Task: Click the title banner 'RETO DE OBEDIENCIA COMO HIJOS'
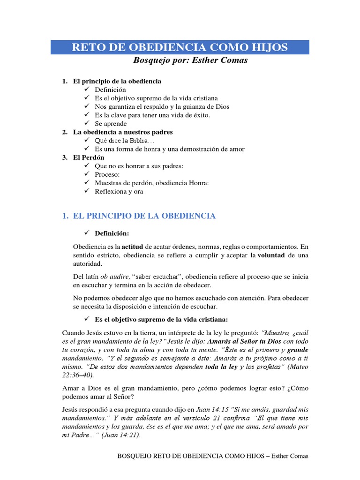coord(180,47)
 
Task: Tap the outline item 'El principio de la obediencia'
coord(117,81)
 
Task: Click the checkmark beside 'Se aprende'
coord(87,123)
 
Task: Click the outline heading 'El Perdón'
coord(89,157)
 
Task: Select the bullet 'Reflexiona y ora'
coord(119,191)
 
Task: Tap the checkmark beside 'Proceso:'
coord(87,174)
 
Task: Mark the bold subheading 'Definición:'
coord(112,233)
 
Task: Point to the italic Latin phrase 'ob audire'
coord(114,277)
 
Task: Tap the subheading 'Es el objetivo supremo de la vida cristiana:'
coord(161,319)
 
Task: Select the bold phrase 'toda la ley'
coord(222,367)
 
